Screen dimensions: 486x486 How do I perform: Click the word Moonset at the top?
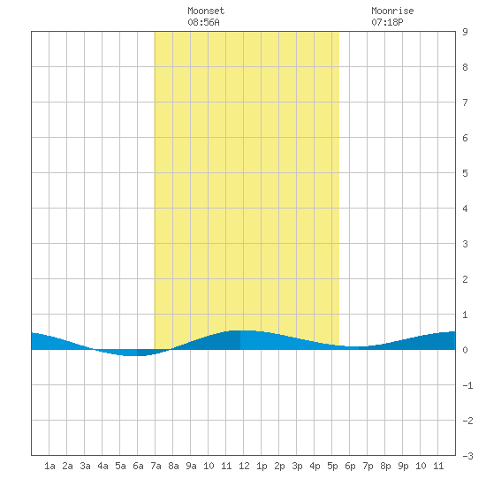coord(206,11)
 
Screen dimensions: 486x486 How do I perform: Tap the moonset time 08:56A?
coord(203,22)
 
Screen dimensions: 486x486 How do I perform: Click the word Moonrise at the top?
coord(392,11)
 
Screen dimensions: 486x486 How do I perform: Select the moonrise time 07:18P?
coord(387,22)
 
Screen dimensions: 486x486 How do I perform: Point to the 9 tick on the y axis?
coord(465,32)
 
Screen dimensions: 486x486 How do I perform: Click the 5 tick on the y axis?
coord(465,173)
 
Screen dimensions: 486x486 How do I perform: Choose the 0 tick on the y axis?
coord(465,350)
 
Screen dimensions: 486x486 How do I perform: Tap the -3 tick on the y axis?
coord(467,456)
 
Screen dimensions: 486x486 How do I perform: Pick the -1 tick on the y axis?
coord(467,385)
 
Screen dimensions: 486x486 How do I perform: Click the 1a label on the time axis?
coord(49,466)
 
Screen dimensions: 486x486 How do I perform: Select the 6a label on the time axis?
coord(138,466)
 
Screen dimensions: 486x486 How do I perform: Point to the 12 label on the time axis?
coord(244,466)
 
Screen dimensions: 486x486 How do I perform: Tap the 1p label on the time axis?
coord(262,466)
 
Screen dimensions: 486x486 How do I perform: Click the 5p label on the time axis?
coord(332,466)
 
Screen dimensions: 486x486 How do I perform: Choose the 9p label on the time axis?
coord(403,466)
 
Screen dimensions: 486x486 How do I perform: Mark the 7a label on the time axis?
coord(156,466)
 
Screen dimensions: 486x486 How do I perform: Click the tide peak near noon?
coord(241,330)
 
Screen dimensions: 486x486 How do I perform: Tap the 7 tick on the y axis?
coord(465,103)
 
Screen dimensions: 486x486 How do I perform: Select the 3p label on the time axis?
coord(297,466)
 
